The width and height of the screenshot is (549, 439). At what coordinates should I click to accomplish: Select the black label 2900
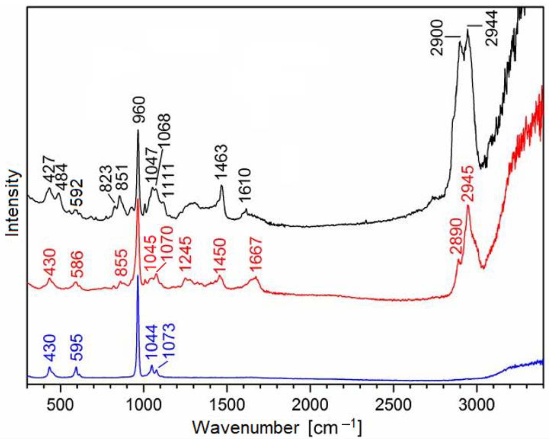(437, 38)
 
